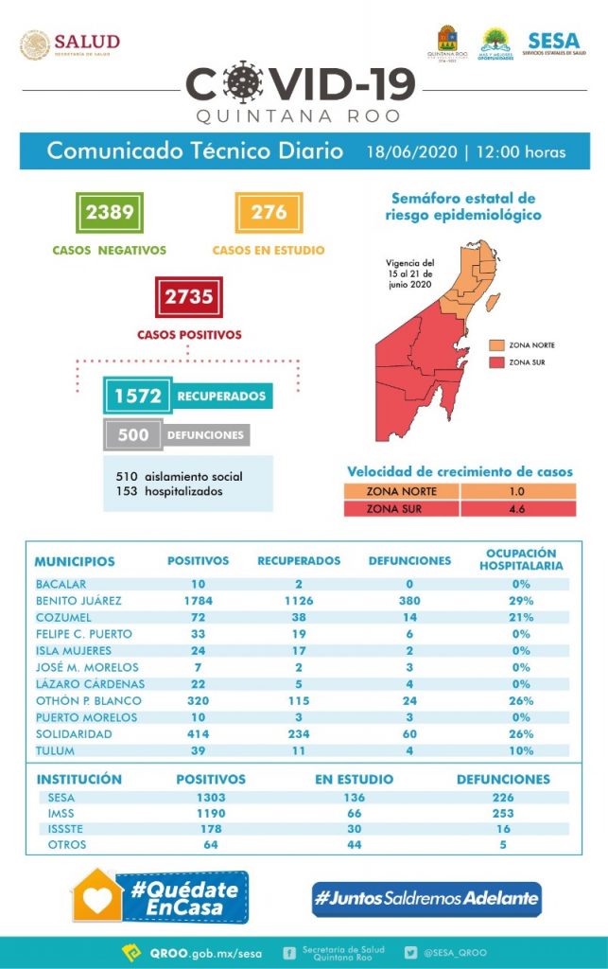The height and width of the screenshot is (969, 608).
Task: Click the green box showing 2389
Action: (110, 212)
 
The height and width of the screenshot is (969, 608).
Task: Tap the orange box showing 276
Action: (269, 212)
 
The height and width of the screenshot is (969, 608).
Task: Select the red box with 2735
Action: (188, 297)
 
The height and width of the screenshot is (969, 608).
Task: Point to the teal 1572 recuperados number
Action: (138, 396)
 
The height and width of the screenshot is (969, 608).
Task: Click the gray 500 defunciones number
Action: (134, 435)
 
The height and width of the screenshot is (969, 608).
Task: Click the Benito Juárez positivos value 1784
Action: (198, 600)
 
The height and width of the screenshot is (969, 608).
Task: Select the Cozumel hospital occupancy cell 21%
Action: (520, 617)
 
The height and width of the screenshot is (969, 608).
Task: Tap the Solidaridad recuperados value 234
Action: (299, 733)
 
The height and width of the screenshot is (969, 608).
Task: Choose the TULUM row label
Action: (54, 750)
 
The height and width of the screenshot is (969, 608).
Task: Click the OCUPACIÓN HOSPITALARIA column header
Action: (520, 559)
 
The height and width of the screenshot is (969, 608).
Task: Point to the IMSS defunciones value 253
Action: (502, 813)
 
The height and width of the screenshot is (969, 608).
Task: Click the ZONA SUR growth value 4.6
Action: (516, 509)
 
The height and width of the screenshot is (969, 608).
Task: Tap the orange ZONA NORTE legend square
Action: (496, 345)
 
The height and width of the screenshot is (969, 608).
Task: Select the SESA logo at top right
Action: (550, 43)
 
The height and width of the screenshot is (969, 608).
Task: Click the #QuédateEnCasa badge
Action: (161, 895)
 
